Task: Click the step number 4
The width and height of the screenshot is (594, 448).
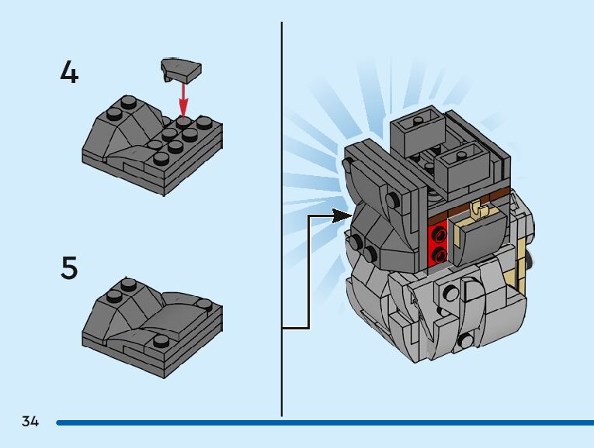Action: [69, 73]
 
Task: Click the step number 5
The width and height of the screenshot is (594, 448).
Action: [69, 268]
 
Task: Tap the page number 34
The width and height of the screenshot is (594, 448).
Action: [30, 422]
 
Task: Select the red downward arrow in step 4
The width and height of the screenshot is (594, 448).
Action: [183, 97]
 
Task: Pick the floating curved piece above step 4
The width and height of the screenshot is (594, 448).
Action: [181, 69]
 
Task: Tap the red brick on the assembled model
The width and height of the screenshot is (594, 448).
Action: [439, 243]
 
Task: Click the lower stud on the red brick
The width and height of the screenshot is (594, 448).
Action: [439, 253]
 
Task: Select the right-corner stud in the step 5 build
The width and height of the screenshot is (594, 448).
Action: [204, 304]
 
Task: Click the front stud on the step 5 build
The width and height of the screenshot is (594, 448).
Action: [161, 340]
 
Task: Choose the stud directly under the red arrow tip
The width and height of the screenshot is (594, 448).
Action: [183, 120]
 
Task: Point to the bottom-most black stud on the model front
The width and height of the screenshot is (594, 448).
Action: [465, 340]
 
